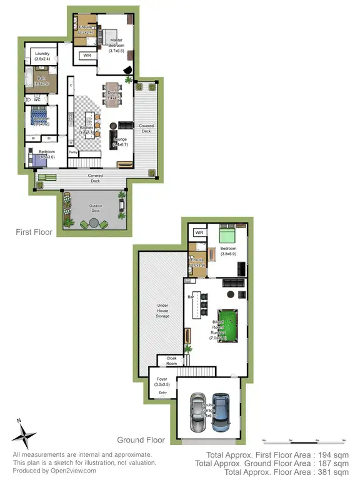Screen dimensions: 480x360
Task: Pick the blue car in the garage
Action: tap(219, 412)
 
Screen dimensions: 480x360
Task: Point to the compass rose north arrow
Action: tap(24, 432)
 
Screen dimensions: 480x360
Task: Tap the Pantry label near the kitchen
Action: tap(72, 151)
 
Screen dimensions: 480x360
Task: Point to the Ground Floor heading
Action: tap(147, 439)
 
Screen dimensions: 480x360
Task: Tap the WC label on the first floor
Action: tap(37, 99)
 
